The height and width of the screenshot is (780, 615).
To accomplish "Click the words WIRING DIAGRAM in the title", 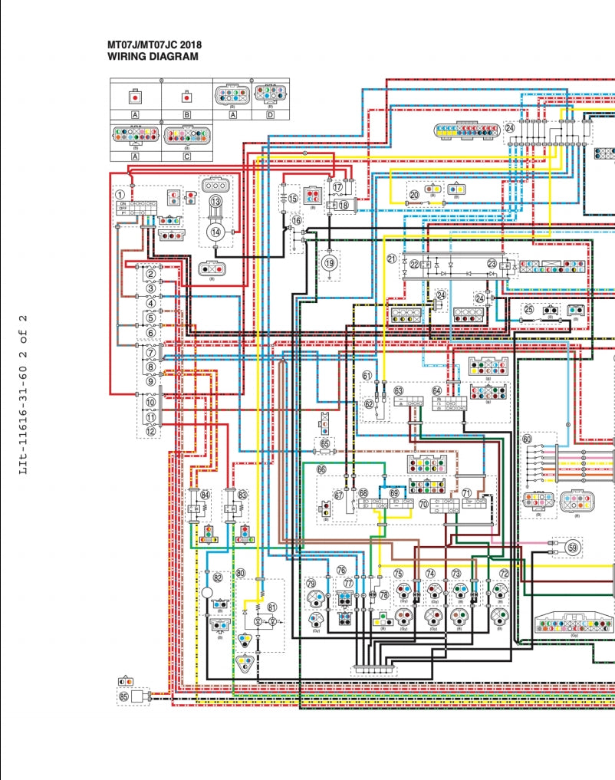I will [x=153, y=57].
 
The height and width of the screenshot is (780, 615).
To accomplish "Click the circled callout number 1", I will [x=120, y=195].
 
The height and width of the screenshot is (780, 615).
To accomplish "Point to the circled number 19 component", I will [x=330, y=263].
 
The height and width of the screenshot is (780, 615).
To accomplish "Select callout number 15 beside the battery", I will [x=293, y=199].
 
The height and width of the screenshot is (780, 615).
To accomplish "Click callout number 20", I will [x=414, y=195].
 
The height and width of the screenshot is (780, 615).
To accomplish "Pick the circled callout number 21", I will [x=391, y=258].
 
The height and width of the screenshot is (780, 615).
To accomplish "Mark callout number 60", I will [x=528, y=439].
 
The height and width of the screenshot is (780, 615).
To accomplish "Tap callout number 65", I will [x=325, y=443].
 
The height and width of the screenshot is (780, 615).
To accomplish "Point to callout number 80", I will [x=240, y=573].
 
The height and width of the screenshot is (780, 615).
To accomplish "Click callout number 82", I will [x=218, y=578].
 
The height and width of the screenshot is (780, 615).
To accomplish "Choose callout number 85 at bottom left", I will [x=123, y=697].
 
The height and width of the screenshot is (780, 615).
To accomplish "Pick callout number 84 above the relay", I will [x=205, y=495].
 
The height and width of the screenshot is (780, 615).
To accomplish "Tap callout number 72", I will [x=504, y=573].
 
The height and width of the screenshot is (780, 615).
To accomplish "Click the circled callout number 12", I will [x=151, y=432].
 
